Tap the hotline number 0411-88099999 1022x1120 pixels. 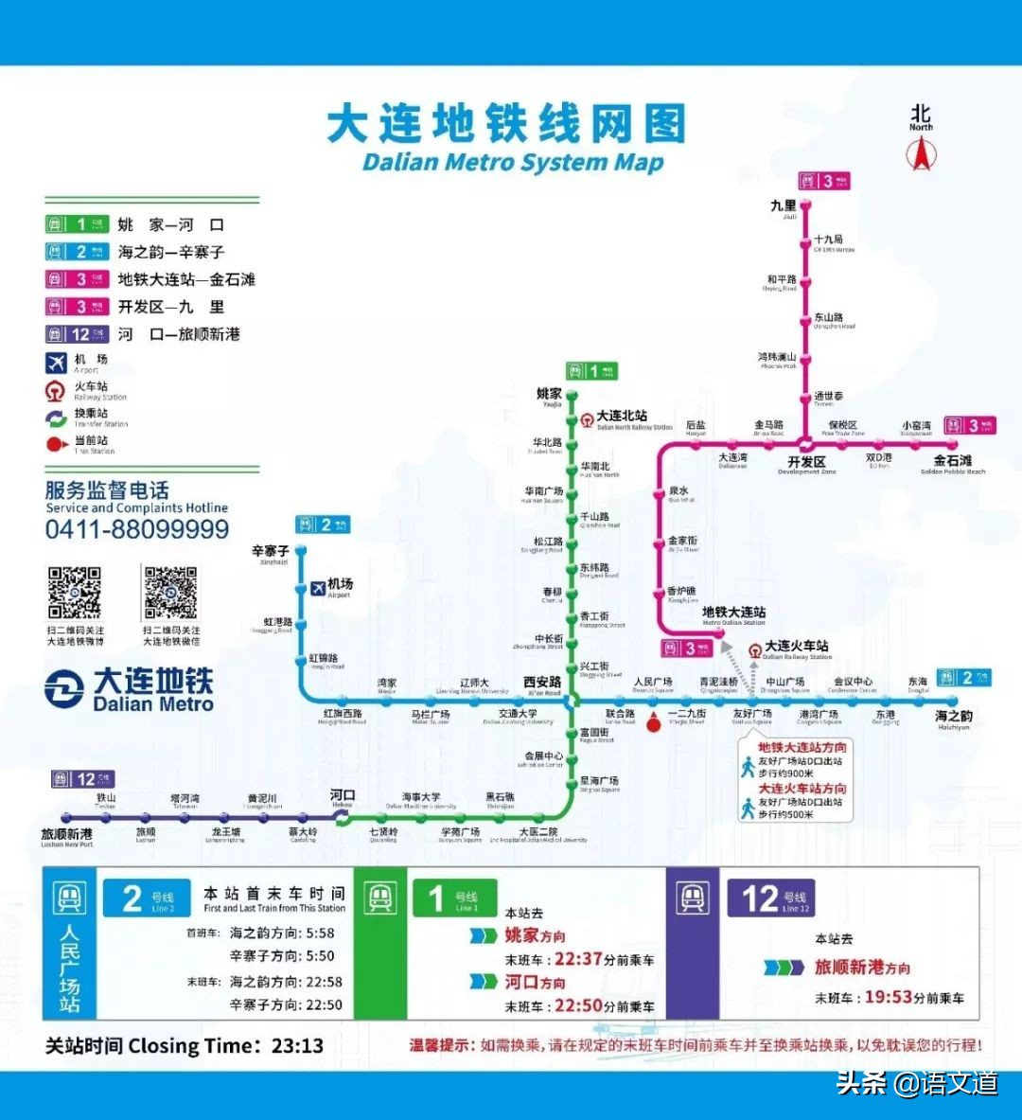(137, 529)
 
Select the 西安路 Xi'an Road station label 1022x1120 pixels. (542, 683)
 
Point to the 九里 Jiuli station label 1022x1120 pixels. (784, 206)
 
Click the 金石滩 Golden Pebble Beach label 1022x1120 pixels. (952, 461)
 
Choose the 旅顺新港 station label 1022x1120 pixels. (66, 834)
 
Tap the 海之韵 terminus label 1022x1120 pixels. (954, 717)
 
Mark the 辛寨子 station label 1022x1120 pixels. (271, 551)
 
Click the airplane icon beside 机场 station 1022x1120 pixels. (318, 588)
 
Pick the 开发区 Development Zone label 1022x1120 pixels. (807, 462)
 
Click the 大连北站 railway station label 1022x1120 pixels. (622, 416)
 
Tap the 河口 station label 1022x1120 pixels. (342, 795)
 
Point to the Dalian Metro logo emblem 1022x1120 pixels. (64, 689)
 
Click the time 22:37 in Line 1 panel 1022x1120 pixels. (578, 959)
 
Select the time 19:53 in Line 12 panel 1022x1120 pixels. (889, 997)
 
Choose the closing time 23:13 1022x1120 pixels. (297, 1046)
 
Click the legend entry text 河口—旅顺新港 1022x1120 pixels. (179, 334)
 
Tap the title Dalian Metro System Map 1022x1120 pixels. (512, 162)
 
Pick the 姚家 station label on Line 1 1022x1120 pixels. (549, 394)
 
